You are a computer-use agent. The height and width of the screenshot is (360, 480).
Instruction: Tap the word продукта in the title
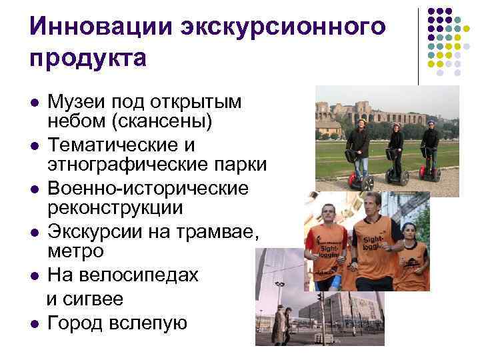click(87, 58)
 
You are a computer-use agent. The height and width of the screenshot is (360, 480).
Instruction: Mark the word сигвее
click(96, 297)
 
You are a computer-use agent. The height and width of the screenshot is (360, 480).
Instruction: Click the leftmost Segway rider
click(360, 144)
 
